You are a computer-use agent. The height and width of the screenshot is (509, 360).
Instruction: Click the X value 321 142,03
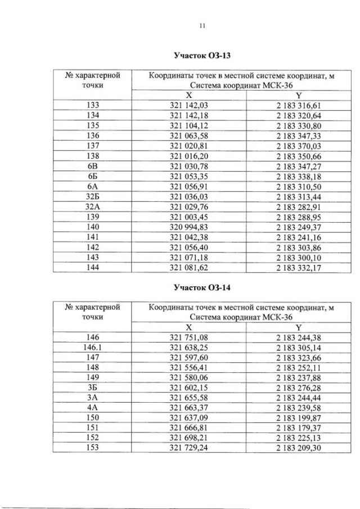point(189,105)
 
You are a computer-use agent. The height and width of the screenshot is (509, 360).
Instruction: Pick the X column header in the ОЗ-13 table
point(189,96)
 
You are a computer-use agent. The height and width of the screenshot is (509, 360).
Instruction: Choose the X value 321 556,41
point(189,367)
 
